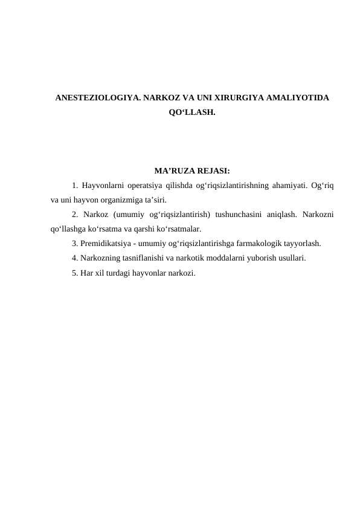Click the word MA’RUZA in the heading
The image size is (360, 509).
173,171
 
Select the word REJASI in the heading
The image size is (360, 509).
212,171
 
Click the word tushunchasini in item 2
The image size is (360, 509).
240,215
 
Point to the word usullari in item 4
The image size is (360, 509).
288,259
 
